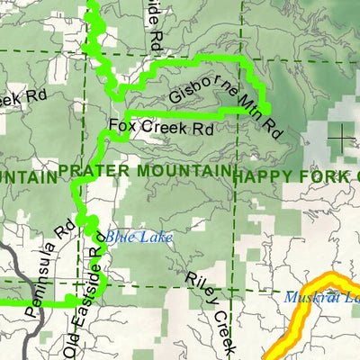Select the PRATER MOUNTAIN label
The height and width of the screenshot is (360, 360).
144,171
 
